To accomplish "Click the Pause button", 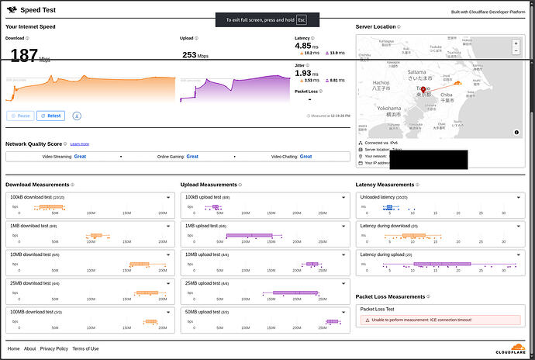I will tap(20, 116).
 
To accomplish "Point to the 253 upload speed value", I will tap(190, 55).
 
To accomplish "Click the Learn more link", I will tap(80, 144).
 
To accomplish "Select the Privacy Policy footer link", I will tap(54, 348).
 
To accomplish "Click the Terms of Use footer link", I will tap(85, 348).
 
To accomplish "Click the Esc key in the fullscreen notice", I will tap(302, 19).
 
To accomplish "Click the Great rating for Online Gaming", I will tap(192, 157).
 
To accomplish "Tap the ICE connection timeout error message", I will tap(423, 320).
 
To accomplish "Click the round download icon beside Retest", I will tap(78, 116).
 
